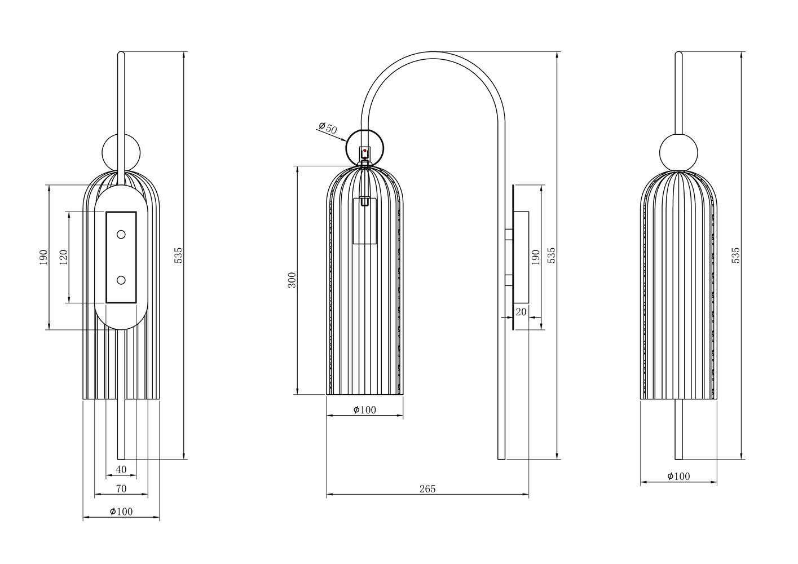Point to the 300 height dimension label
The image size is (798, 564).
(292, 280)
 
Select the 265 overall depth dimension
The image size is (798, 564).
(427, 488)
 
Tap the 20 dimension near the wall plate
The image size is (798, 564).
(521, 311)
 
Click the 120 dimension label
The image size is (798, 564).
(63, 257)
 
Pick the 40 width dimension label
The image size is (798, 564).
(121, 469)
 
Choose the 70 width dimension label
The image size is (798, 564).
(121, 488)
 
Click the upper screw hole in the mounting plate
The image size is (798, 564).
(121, 234)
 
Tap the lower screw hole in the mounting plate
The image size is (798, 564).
(121, 280)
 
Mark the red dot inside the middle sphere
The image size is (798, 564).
(365, 151)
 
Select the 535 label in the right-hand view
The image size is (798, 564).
(735, 255)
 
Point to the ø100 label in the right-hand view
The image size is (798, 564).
(678, 477)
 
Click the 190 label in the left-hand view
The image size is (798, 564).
(43, 257)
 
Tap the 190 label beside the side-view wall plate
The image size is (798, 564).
(535, 257)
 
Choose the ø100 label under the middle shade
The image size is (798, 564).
(365, 410)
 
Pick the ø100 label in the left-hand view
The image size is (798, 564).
(121, 511)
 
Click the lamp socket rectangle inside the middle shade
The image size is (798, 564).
(364, 221)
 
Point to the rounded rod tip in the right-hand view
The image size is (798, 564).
(678, 55)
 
